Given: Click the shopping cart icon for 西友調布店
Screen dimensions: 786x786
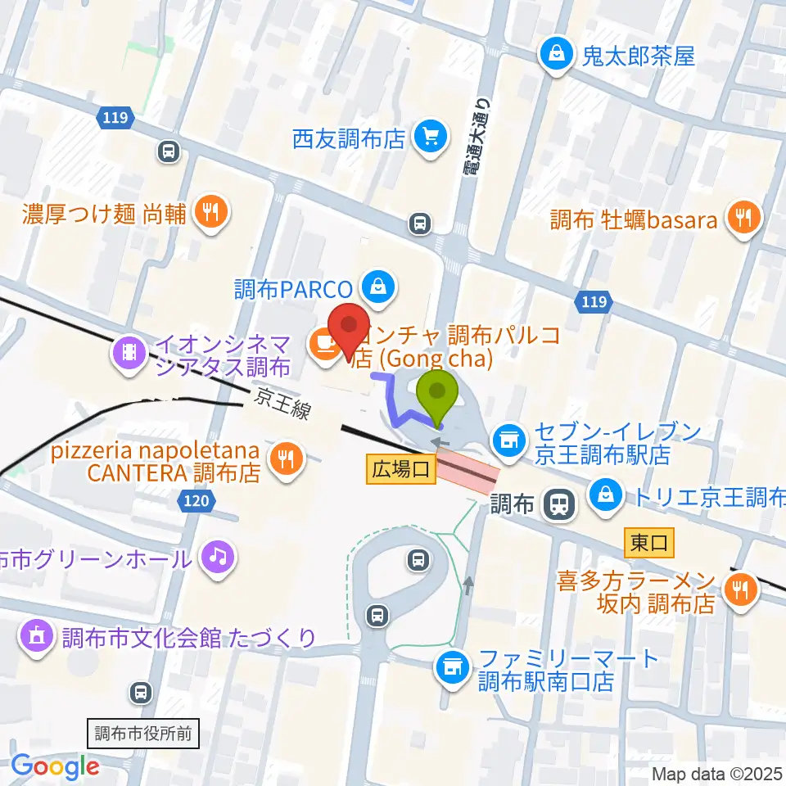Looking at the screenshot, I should (x=429, y=136).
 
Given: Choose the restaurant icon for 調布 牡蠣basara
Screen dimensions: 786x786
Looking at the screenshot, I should (x=743, y=219).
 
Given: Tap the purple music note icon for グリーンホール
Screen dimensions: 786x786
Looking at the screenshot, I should (x=218, y=558).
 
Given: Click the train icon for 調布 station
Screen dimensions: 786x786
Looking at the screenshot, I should (x=560, y=504).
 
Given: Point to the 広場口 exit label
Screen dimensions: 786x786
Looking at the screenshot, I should (x=400, y=469).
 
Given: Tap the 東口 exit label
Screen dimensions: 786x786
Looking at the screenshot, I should (x=649, y=541).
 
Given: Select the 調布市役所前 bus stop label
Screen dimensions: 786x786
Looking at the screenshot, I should (x=142, y=733).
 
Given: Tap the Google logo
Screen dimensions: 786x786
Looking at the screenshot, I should (x=55, y=765).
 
